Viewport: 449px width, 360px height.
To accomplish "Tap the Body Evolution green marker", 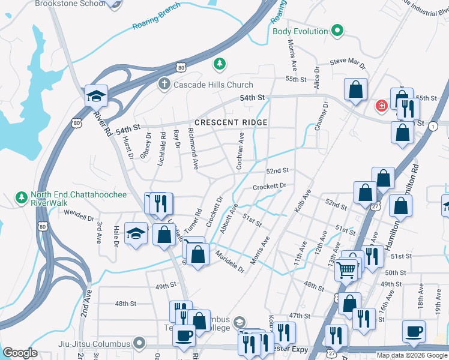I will click(337, 31).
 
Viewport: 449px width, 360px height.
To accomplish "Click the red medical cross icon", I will click(381, 106).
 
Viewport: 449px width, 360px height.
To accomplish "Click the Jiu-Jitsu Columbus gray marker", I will click(139, 344).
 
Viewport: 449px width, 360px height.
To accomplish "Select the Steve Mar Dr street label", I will click(348, 62).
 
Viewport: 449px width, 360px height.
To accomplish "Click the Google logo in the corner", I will click(20, 352).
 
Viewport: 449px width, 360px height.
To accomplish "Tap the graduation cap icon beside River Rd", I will click(95, 95).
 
